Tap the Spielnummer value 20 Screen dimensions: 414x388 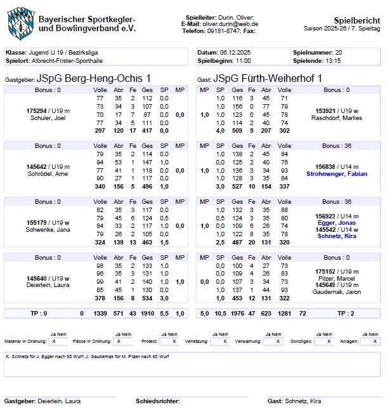point(339,52)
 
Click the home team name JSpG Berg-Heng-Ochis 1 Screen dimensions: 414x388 point(94,78)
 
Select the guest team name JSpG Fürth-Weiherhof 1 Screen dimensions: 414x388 point(268,78)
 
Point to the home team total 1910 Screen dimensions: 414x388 point(148,313)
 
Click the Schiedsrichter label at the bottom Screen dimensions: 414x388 point(157,401)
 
